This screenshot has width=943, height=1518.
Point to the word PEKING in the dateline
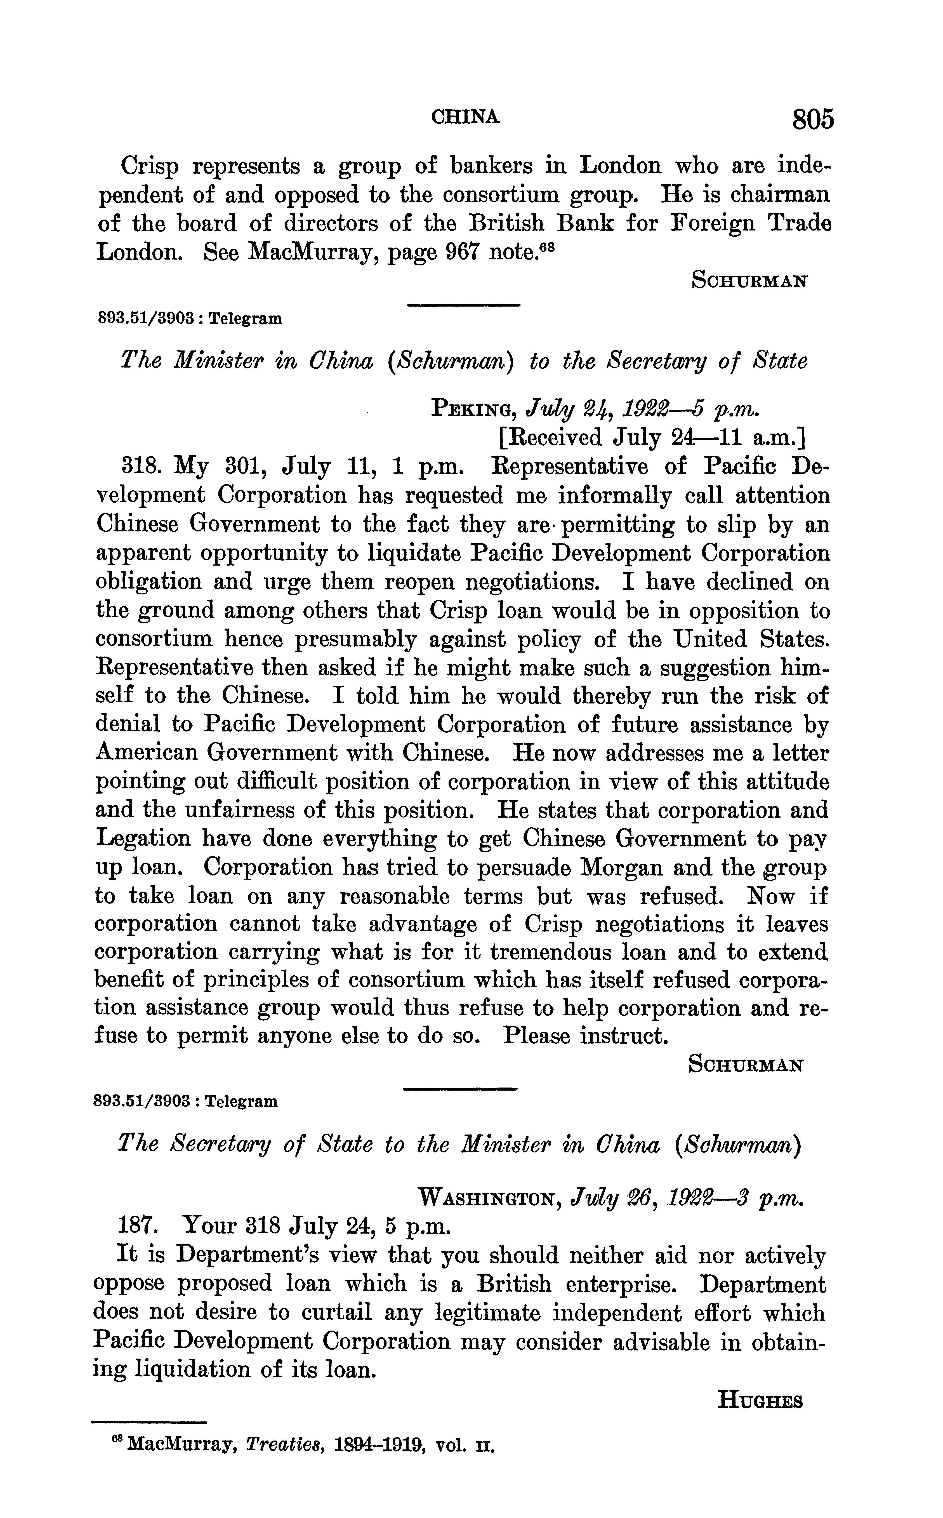pos(472,409)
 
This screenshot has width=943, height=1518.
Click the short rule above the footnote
pos(148,1423)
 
